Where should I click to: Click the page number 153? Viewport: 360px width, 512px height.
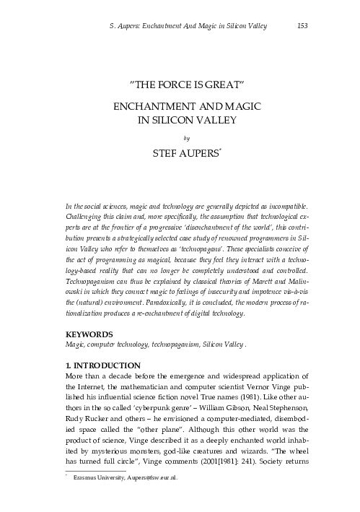tap(304, 26)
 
